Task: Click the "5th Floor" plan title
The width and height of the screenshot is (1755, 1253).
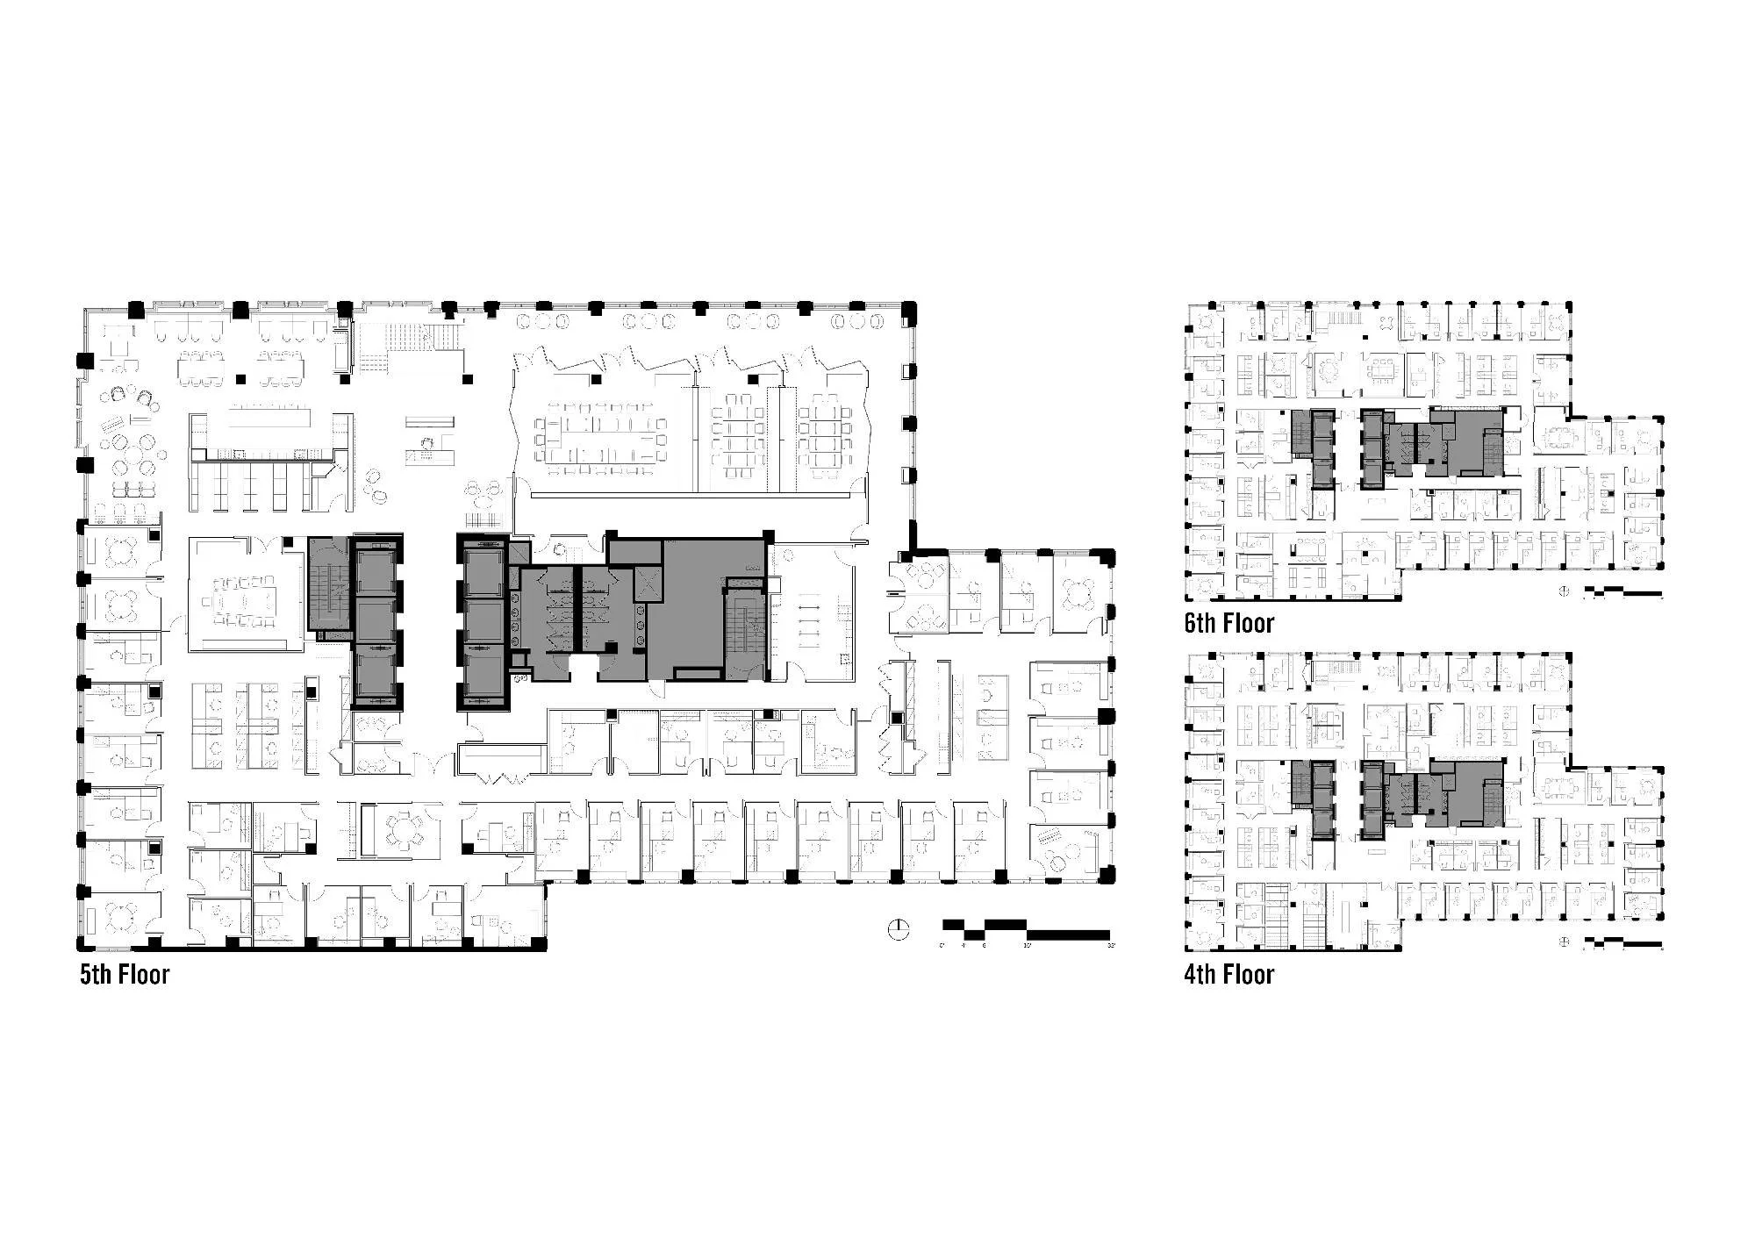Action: (x=125, y=975)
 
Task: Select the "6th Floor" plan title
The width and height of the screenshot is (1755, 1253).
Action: (x=1228, y=624)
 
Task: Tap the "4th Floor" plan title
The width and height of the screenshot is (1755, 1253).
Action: (x=1228, y=975)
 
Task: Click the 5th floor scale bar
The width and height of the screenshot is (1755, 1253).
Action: (x=1025, y=929)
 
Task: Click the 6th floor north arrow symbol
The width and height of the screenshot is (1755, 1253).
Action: (x=1563, y=591)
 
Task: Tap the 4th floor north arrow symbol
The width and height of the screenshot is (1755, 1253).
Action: (x=1563, y=942)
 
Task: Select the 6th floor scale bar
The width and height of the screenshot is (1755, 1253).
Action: (x=1622, y=592)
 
